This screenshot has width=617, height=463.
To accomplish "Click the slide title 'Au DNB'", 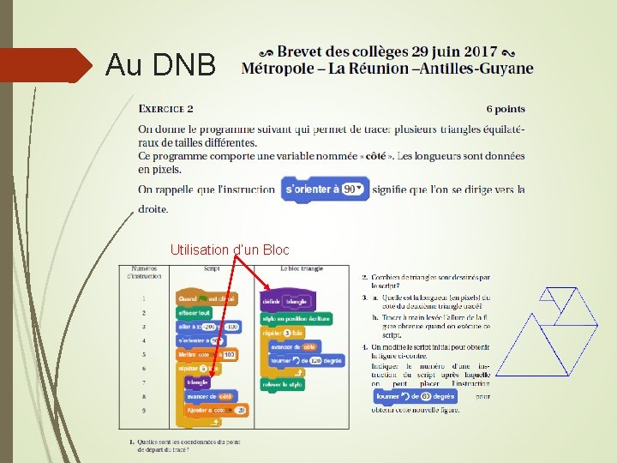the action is pyautogui.click(x=160, y=65).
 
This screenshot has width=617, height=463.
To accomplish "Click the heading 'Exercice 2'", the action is pyautogui.click(x=166, y=109).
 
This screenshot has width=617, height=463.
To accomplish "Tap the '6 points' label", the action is pyautogui.click(x=506, y=109).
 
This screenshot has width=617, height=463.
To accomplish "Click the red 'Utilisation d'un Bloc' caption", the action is pyautogui.click(x=230, y=250).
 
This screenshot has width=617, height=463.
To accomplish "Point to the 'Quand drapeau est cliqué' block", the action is pyautogui.click(x=207, y=298).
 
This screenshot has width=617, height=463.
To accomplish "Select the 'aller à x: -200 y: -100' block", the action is pyautogui.click(x=208, y=327).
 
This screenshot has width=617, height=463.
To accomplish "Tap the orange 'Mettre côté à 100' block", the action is pyautogui.click(x=206, y=354).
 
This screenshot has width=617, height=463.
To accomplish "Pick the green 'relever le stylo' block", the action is pyautogui.click(x=283, y=385).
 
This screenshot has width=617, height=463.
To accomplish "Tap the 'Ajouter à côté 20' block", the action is pyautogui.click(x=217, y=410).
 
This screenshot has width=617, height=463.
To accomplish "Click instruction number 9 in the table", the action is pyautogui.click(x=144, y=410).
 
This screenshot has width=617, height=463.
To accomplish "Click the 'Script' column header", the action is pyautogui.click(x=211, y=268).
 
